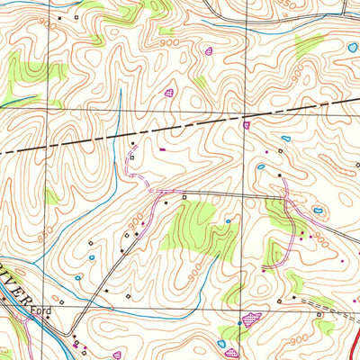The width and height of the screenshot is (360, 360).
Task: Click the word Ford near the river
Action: [x=38, y=312]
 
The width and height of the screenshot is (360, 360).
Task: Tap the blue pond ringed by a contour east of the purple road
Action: [x=318, y=211]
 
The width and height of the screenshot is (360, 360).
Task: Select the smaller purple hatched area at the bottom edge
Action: [x=232, y=354]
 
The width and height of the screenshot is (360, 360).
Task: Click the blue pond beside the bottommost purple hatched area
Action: [x=221, y=345]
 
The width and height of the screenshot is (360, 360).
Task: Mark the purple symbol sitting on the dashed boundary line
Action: [x=246, y=126]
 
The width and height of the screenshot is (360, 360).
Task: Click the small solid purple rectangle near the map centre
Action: [x=163, y=149]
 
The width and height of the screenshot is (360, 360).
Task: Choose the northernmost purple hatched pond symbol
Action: [x=211, y=51]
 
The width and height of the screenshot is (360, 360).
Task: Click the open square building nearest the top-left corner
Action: [x=77, y=17]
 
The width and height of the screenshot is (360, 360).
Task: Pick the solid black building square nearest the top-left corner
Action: [x=60, y=16]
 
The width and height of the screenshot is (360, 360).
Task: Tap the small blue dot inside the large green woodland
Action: [x=229, y=220]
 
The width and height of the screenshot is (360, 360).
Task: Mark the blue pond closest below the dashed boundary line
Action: [x=285, y=139]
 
